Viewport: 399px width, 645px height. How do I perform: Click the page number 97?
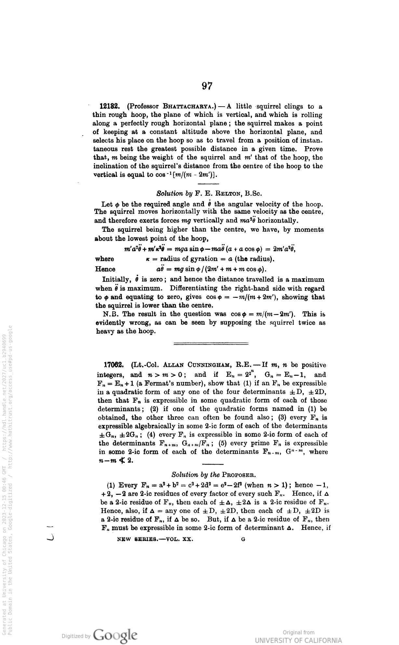[x=207, y=86]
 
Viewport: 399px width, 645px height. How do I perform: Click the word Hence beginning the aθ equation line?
[x=105, y=269]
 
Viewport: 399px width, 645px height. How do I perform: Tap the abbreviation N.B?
[x=112, y=314]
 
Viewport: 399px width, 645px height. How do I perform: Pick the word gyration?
[x=198, y=259]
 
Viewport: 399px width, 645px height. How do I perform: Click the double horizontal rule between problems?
[x=211, y=343]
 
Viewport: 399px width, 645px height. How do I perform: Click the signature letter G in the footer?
[x=243, y=539]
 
